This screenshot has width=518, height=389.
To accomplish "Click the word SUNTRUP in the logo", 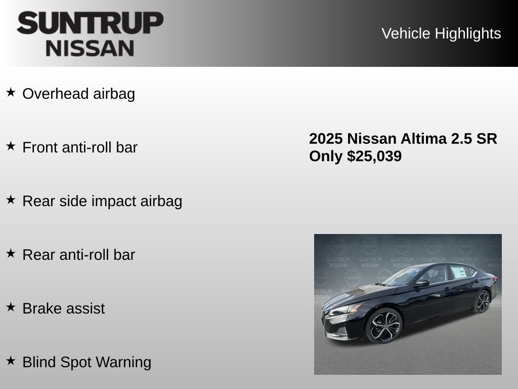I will (90, 23).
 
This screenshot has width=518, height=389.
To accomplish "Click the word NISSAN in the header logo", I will (90, 48).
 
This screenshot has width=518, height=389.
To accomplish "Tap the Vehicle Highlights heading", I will (441, 33).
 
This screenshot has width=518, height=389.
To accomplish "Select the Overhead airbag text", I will (78, 94).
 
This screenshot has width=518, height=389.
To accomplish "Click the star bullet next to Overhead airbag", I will (11, 93).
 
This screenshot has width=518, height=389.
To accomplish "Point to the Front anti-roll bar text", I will (80, 148).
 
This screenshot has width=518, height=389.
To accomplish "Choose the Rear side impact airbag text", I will (102, 202).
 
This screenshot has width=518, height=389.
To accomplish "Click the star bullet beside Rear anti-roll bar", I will (11, 253).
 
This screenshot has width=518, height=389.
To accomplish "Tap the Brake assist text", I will (64, 309).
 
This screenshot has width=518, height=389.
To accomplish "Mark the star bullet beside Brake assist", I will (11, 307).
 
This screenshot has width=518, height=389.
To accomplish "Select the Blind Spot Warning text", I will (87, 363).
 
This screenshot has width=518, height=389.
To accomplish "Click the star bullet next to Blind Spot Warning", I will (11, 361).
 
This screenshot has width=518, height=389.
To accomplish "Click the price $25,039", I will (374, 157).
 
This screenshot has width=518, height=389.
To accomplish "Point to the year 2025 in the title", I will (326, 139).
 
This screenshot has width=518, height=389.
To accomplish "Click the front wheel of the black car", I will (383, 326).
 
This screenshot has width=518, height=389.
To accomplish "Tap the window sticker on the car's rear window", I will (459, 273).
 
